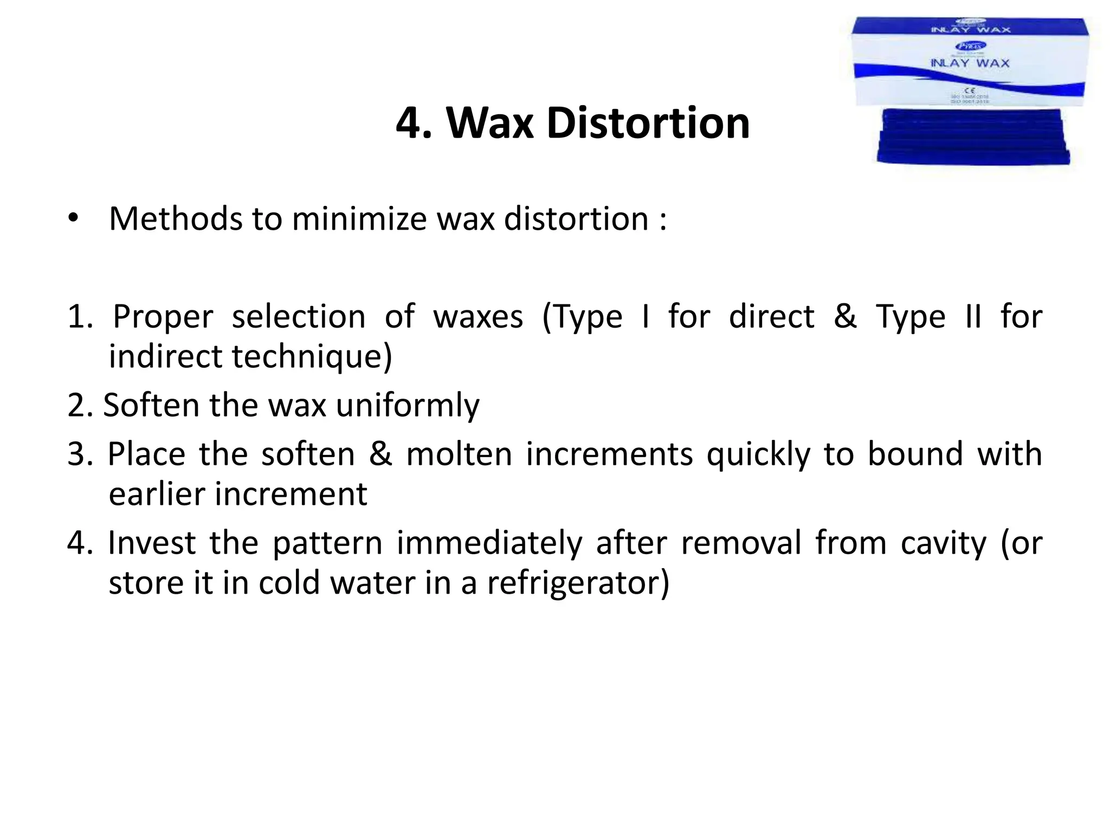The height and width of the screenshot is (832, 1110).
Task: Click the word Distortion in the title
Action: pos(648,123)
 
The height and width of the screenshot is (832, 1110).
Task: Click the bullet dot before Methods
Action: pos(73,218)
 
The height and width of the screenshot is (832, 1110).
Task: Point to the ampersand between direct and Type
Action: pos(845,316)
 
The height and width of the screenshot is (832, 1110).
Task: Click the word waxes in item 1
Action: pos(478,317)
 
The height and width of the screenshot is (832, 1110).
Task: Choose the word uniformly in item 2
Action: pos(408,406)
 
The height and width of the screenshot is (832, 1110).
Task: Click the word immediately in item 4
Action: pos(489,543)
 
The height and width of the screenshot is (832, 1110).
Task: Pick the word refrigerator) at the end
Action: pos(578,583)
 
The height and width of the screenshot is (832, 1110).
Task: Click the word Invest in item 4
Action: pos(152,543)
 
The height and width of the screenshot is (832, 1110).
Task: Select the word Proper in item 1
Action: pos(163,317)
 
